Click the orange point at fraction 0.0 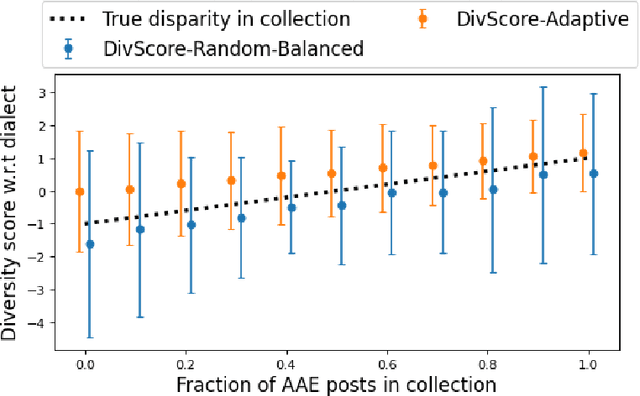click(x=80, y=191)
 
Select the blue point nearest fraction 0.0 click(x=90, y=244)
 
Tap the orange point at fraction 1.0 click(x=583, y=153)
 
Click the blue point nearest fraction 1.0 click(x=594, y=173)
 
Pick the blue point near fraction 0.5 click(x=342, y=205)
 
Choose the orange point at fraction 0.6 click(x=382, y=168)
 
